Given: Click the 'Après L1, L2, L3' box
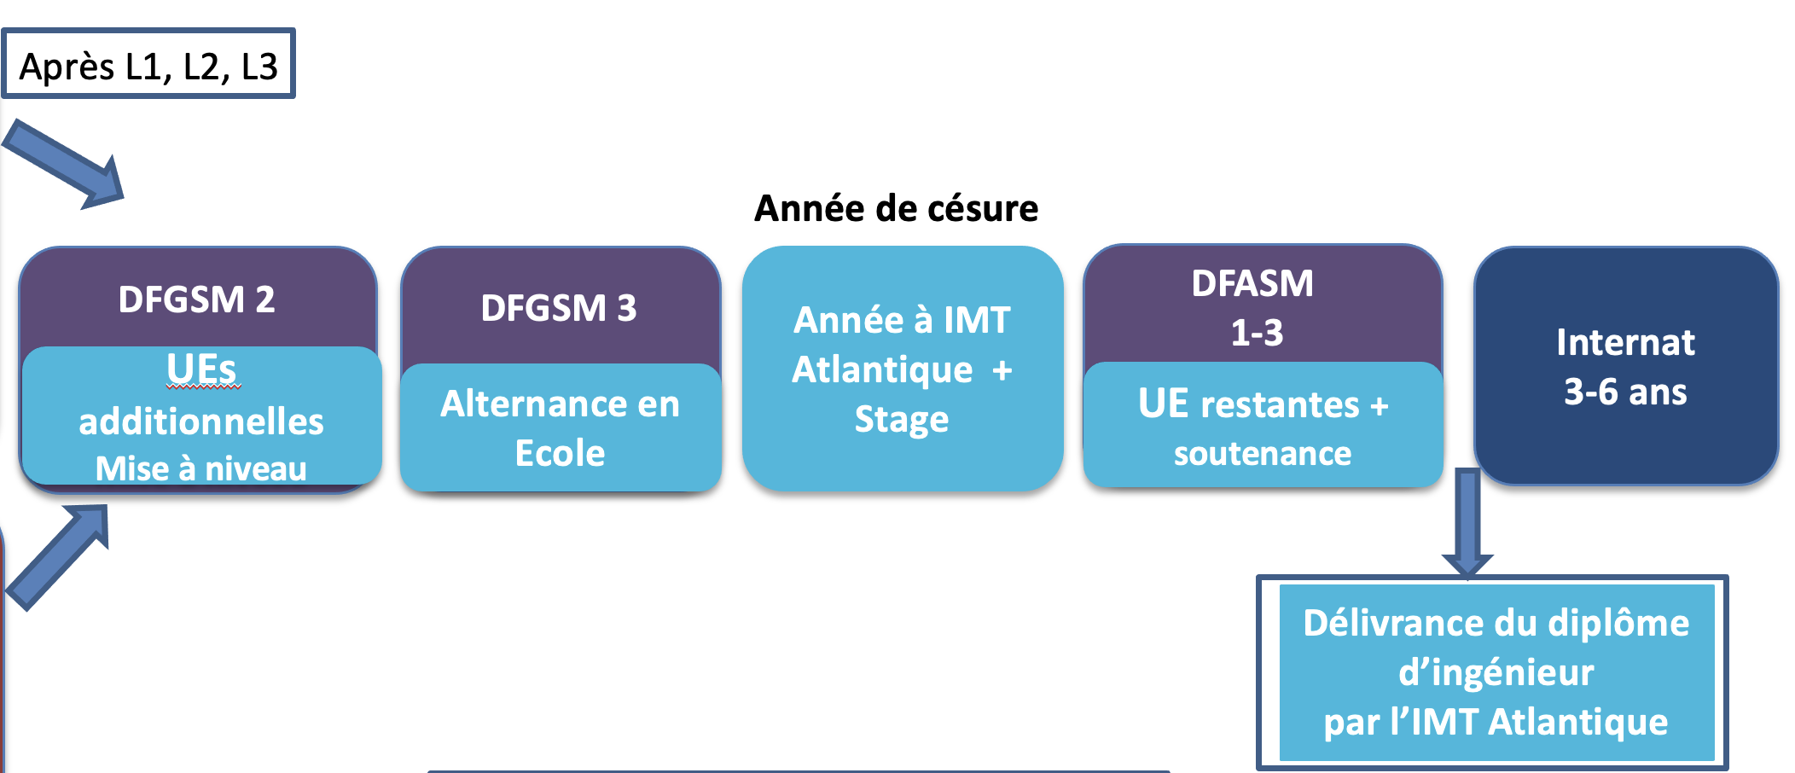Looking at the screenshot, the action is click(x=148, y=64).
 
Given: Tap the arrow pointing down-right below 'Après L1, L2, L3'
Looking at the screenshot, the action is click(x=64, y=164).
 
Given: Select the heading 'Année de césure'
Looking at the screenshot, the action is click(x=897, y=208).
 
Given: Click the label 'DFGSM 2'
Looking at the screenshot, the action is click(x=197, y=299).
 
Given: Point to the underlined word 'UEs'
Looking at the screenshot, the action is click(x=201, y=369).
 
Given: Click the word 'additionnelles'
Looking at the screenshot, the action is click(x=201, y=421).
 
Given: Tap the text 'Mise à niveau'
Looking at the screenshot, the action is click(x=201, y=468).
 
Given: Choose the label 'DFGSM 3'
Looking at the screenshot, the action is click(x=559, y=308).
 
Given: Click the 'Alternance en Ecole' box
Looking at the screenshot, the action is click(x=561, y=427).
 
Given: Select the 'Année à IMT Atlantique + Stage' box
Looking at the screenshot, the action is click(x=903, y=369).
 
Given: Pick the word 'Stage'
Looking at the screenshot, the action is click(x=902, y=420).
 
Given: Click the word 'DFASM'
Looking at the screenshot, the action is click(x=1252, y=283).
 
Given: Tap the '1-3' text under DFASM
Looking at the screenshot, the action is click(x=1257, y=333).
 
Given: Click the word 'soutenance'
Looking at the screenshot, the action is click(x=1263, y=454).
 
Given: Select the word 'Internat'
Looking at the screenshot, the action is click(x=1625, y=342).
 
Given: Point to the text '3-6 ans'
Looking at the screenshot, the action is click(x=1625, y=392).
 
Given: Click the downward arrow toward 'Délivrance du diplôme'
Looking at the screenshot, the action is click(x=1467, y=523).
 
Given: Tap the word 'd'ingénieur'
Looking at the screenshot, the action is click(x=1496, y=672).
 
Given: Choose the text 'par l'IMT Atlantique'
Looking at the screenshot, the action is click(x=1496, y=722).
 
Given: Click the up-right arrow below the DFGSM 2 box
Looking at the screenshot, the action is click(x=58, y=557).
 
